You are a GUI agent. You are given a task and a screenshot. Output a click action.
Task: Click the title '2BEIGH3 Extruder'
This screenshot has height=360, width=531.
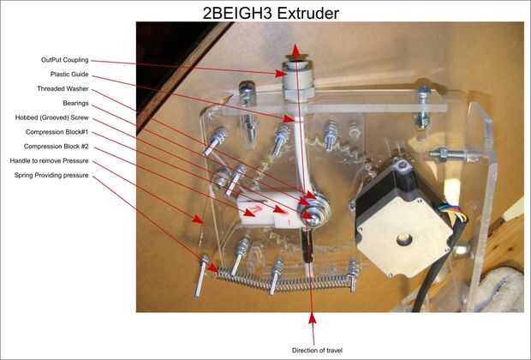point(271,13)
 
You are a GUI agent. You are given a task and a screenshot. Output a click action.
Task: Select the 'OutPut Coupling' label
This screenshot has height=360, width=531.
point(65,60)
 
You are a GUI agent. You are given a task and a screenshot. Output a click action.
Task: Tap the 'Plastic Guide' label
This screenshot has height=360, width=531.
point(69,75)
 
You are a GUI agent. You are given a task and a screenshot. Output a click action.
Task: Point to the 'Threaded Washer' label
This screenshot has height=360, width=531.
point(63,89)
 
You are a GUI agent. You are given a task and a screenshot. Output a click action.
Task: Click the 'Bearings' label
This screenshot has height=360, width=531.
point(75,103)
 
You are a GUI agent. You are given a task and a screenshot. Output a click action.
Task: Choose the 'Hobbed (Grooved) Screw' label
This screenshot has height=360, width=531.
point(51,117)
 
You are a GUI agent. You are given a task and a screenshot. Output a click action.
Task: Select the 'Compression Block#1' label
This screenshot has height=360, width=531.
point(57,132)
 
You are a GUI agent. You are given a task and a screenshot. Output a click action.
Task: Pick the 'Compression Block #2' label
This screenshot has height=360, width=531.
point(57,147)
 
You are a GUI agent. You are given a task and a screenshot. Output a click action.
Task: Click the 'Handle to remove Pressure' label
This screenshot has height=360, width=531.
point(49,160)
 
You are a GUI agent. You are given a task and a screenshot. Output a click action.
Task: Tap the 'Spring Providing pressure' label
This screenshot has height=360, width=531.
point(51,175)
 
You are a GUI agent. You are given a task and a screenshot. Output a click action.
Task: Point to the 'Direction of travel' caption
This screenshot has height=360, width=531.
point(317,351)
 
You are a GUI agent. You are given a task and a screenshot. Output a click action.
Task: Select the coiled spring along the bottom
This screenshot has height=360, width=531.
point(283,279)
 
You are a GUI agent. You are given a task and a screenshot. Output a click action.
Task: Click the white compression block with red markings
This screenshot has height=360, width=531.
point(267,209)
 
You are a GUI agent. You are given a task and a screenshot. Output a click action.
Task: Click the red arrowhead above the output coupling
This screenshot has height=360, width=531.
point(296,51)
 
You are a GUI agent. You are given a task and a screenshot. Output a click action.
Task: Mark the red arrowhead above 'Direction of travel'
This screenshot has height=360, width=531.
point(313,319)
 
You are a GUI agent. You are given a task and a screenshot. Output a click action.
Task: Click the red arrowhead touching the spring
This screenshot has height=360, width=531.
point(212,267)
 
